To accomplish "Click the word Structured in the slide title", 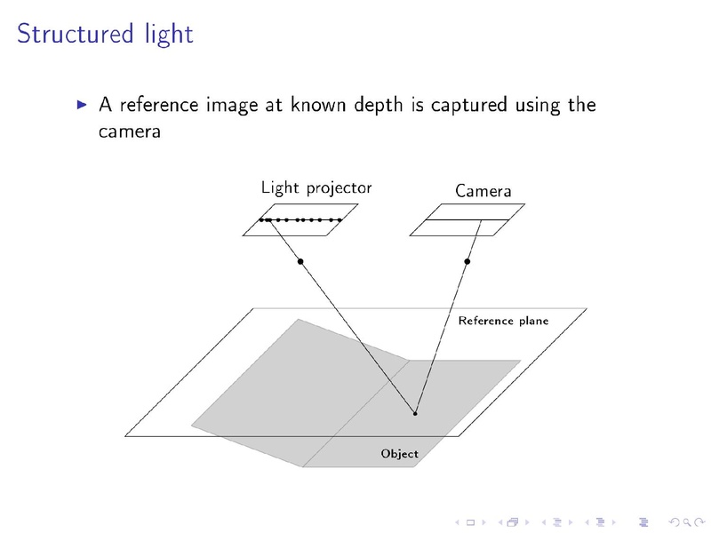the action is [x=76, y=34].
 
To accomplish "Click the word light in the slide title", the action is [x=169, y=34].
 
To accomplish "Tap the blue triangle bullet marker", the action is [x=82, y=105].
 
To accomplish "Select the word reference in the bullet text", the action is [x=159, y=105].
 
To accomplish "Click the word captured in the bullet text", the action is [x=469, y=106].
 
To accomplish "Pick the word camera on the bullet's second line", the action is [x=130, y=131].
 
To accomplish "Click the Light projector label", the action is [x=316, y=187].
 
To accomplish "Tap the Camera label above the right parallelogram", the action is [x=483, y=191].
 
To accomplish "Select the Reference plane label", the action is [x=503, y=321].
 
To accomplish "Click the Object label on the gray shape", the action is [x=399, y=454].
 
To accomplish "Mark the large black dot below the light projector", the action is [x=300, y=261].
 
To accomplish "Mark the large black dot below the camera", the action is [x=467, y=261].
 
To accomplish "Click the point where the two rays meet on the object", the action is [x=415, y=413].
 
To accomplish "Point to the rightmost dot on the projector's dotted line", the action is [x=340, y=220].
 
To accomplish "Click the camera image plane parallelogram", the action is [x=467, y=219].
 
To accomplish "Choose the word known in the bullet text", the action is [x=317, y=105].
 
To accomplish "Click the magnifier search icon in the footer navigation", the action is [x=687, y=522].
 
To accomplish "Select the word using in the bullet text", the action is [x=538, y=106].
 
